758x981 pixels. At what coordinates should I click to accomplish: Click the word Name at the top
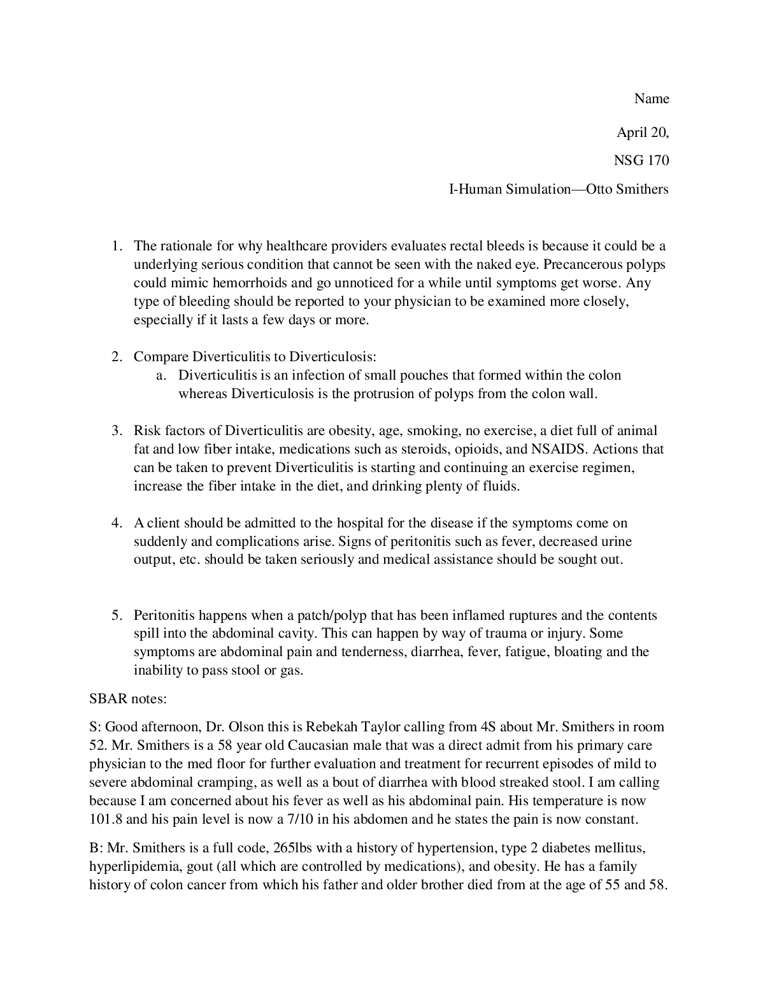tap(652, 99)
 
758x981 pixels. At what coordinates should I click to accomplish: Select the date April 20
tap(642, 132)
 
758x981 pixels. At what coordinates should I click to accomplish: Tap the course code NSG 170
tap(641, 161)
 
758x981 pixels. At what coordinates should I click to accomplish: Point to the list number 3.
tap(117, 431)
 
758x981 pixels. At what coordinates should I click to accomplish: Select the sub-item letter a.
tap(161, 375)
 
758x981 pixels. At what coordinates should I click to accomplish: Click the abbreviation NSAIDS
tap(557, 449)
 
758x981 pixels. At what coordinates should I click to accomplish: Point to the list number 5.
tap(117, 615)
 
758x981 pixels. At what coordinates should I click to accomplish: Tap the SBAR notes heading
tap(128, 699)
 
